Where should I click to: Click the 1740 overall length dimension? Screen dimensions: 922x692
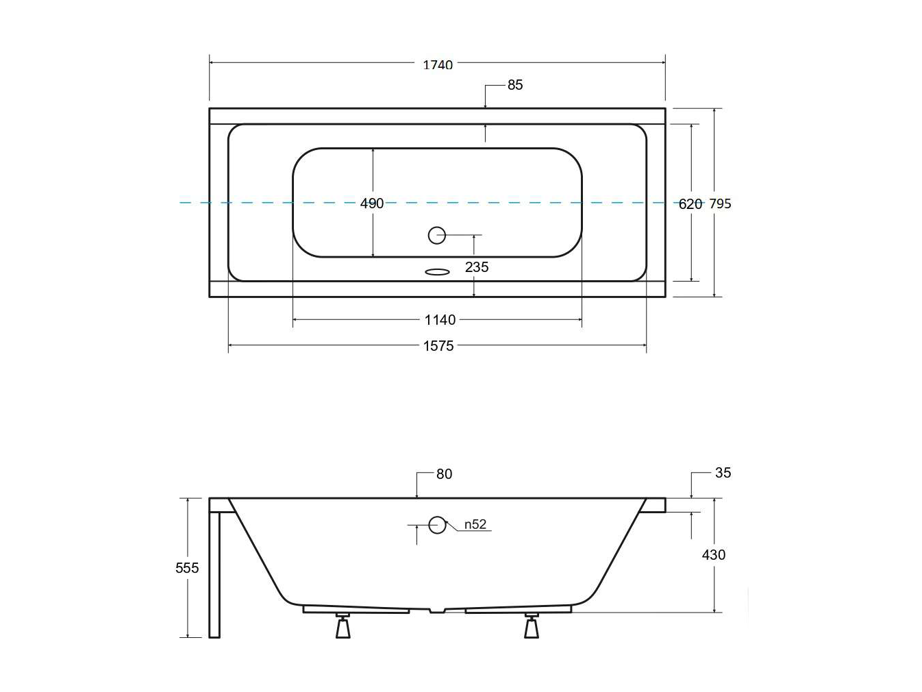(437, 64)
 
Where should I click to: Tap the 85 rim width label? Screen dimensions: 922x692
(515, 85)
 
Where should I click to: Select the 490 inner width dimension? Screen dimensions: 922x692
(372, 203)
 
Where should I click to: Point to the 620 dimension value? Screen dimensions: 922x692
(690, 204)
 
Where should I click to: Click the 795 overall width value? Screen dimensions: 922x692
(720, 203)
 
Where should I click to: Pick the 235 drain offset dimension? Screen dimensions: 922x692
(477, 267)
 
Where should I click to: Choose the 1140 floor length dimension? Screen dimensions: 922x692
(440, 320)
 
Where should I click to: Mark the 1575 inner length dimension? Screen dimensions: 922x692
(438, 346)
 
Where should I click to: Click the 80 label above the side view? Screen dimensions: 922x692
(444, 474)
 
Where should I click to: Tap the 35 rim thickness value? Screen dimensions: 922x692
(723, 473)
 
